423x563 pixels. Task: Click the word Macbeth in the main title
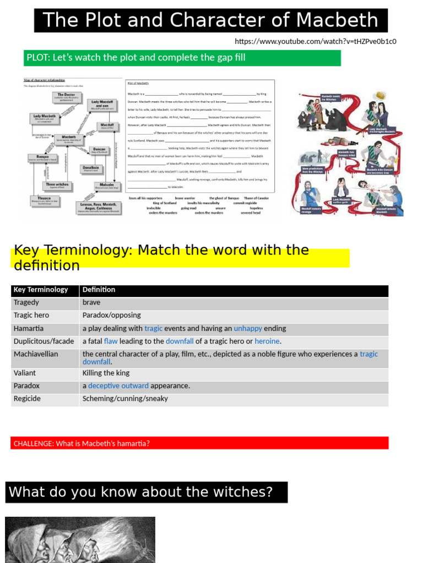tap(338, 20)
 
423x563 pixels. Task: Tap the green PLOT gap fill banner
tap(182, 58)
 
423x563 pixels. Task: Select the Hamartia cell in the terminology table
tap(30, 328)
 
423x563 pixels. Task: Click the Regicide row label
tap(27, 399)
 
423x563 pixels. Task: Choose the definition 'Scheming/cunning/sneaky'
tap(125, 399)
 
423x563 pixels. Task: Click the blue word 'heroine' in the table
tap(268, 341)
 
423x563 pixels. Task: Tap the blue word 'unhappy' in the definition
tap(248, 328)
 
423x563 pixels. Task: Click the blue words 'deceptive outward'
tap(118, 386)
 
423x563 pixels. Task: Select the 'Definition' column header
tap(99, 290)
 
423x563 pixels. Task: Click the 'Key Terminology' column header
tap(41, 290)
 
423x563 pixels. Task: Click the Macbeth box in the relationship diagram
tap(69, 139)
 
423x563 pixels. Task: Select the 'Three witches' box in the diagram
tap(57, 186)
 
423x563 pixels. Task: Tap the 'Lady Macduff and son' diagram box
tap(102, 104)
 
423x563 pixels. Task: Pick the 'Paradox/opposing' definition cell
tap(112, 315)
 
